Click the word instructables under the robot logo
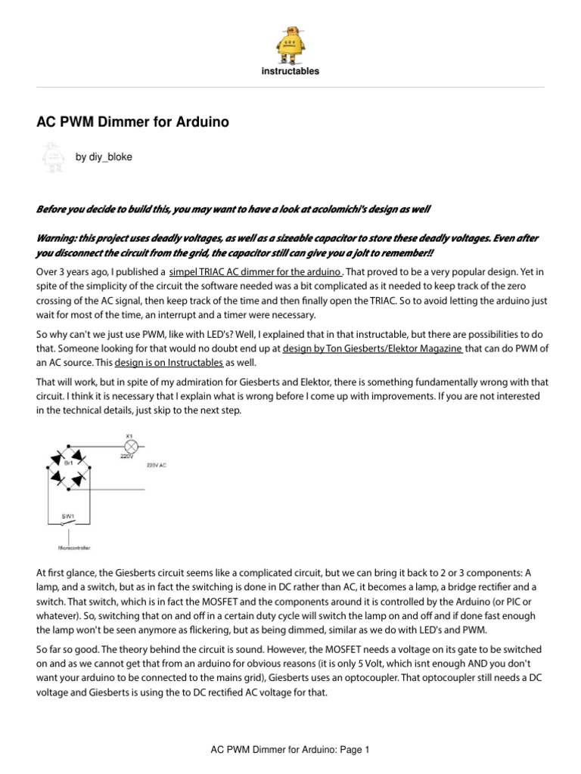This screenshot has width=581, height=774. click(290, 72)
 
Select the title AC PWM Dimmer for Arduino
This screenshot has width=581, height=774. click(133, 122)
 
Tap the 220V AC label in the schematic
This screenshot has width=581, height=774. click(157, 466)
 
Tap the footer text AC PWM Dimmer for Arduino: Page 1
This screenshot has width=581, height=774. click(290, 751)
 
